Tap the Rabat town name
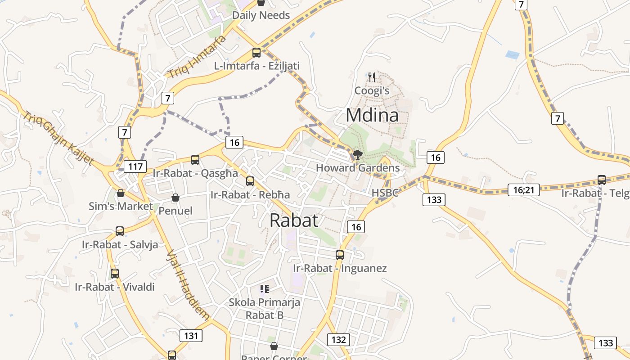294,220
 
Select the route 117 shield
135,166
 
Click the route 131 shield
191,335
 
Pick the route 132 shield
338,339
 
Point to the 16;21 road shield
523,189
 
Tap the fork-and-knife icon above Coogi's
372,77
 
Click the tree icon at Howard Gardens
358,155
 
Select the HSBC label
385,193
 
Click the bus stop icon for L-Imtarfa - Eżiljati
256,52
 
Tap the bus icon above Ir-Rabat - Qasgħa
195,159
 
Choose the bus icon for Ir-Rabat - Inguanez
340,255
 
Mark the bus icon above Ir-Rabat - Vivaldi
115,273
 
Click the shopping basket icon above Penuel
175,198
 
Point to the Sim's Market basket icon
120,193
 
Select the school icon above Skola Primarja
265,288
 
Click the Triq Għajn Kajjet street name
59,138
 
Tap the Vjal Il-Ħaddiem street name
188,284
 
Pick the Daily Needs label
261,15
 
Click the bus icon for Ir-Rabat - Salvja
120,231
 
